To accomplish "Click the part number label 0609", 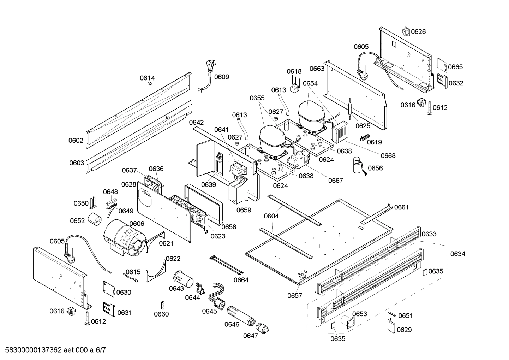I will coord(222,77).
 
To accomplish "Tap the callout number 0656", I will coord(375,168).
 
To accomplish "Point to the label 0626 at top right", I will coord(419,31).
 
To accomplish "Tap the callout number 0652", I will coord(77,221).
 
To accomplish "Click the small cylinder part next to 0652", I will coord(95,219).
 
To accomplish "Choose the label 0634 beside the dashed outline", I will coord(458,254).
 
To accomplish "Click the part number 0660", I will coord(162,314).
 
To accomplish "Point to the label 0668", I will coord(388,155).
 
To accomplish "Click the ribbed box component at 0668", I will coord(339,133).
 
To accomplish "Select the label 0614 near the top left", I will coord(147,78).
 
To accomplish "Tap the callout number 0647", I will coord(251,336).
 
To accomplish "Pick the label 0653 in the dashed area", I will coord(360,314).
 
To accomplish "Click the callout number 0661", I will coord(401,207).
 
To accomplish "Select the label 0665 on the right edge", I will coord(456,67).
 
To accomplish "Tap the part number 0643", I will coord(176,288).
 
